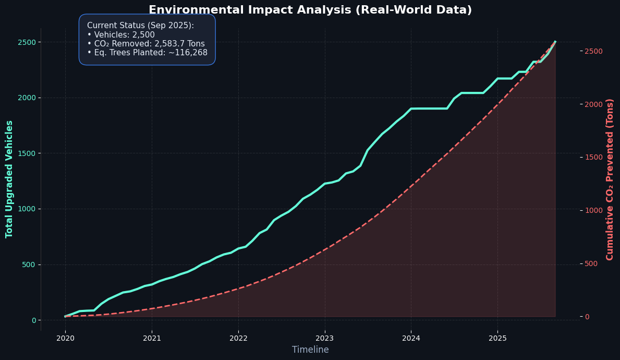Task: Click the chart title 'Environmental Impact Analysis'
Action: (x=310, y=10)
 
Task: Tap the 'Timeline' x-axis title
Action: (x=310, y=350)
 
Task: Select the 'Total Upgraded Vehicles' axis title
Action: (x=9, y=179)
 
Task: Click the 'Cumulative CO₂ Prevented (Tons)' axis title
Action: (x=610, y=179)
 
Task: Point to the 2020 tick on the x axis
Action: (x=65, y=338)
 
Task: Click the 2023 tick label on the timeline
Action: (x=324, y=338)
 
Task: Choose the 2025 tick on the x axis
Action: (x=497, y=338)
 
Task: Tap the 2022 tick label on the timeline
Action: (x=238, y=338)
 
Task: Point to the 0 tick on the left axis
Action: (x=33, y=320)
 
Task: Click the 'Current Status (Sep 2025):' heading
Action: (x=140, y=26)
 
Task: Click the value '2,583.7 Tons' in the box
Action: (x=179, y=44)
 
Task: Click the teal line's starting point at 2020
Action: (x=65, y=316)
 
